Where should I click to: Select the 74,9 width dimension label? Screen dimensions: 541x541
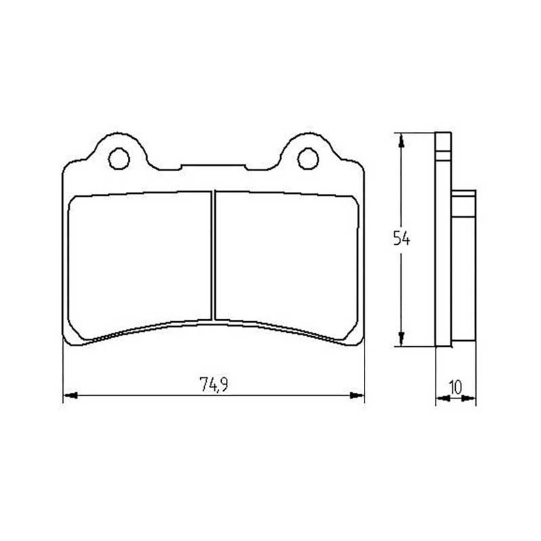click(214, 385)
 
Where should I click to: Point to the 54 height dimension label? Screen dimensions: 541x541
click(402, 239)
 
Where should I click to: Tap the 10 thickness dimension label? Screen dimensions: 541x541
click(456, 387)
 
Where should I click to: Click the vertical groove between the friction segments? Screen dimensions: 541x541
click(213, 256)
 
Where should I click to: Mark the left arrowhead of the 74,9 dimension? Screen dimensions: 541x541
click(70, 396)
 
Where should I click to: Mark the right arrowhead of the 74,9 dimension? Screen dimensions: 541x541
click(357, 396)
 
